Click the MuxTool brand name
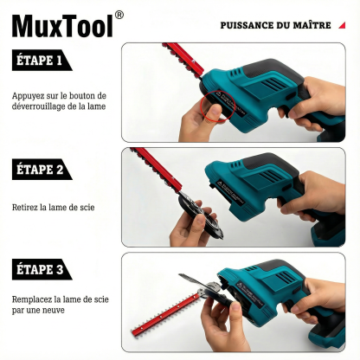(x=62, y=25)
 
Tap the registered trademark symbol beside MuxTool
(x=119, y=15)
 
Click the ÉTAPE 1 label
(x=40, y=61)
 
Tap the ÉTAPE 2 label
(x=40, y=169)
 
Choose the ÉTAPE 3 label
(x=40, y=270)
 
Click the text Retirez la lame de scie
(x=53, y=207)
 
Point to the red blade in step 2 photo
(x=156, y=168)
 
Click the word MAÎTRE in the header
(x=312, y=25)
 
